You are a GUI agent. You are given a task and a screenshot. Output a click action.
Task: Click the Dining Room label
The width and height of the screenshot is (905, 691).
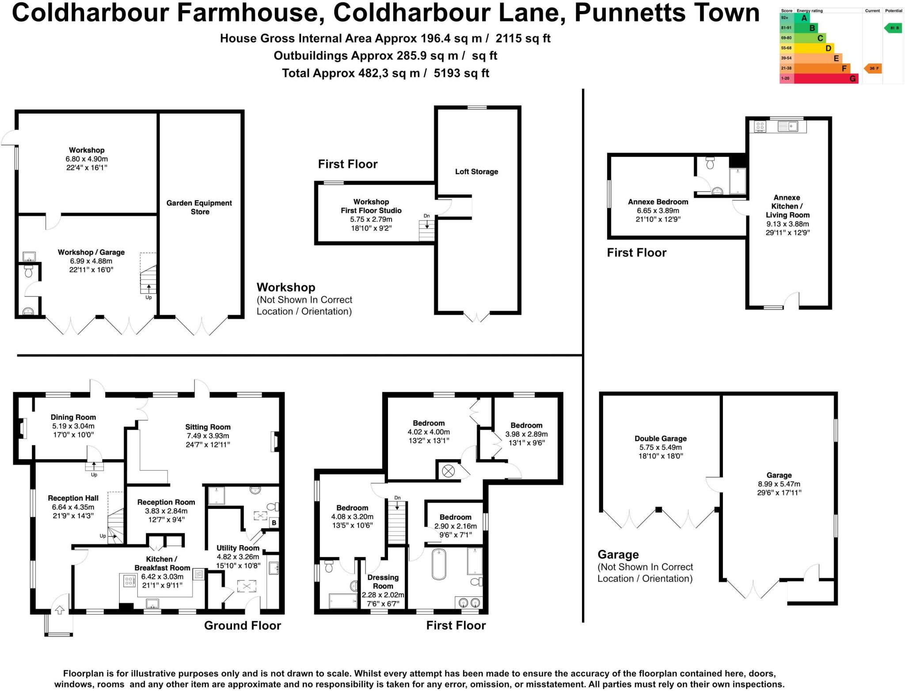click(73, 417)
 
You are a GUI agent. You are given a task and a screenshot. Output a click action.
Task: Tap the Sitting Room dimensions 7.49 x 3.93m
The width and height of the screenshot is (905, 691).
click(208, 436)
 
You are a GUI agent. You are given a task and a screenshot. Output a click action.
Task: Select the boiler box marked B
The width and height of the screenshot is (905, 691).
click(274, 523)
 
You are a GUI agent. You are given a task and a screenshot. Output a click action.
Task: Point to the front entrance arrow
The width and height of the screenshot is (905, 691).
click(60, 610)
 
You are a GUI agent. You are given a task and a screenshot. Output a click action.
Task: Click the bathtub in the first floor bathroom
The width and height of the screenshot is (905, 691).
click(439, 564)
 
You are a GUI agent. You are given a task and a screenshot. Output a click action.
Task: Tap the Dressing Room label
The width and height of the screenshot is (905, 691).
click(383, 581)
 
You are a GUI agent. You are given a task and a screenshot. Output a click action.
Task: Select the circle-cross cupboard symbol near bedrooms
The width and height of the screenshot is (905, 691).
click(448, 471)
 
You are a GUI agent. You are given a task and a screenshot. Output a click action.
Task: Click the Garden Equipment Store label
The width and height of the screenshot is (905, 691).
click(199, 207)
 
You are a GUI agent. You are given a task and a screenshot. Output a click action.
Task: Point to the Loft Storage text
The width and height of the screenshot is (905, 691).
click(476, 171)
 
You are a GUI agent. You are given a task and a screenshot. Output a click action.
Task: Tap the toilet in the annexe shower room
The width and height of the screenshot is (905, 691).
click(710, 163)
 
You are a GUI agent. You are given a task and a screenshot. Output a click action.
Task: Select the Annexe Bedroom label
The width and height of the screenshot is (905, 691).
click(658, 202)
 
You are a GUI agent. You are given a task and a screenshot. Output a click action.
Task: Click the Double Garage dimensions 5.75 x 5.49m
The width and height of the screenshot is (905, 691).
click(660, 447)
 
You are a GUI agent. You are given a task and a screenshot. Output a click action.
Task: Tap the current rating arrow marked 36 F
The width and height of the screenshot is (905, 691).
click(873, 68)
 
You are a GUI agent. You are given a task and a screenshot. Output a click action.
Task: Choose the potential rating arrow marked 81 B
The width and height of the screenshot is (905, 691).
click(893, 28)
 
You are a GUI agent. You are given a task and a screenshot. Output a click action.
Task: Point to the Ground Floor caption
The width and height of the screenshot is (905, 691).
click(242, 625)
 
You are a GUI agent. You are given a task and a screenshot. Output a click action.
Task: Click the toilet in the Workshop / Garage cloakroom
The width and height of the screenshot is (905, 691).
click(29, 271)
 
